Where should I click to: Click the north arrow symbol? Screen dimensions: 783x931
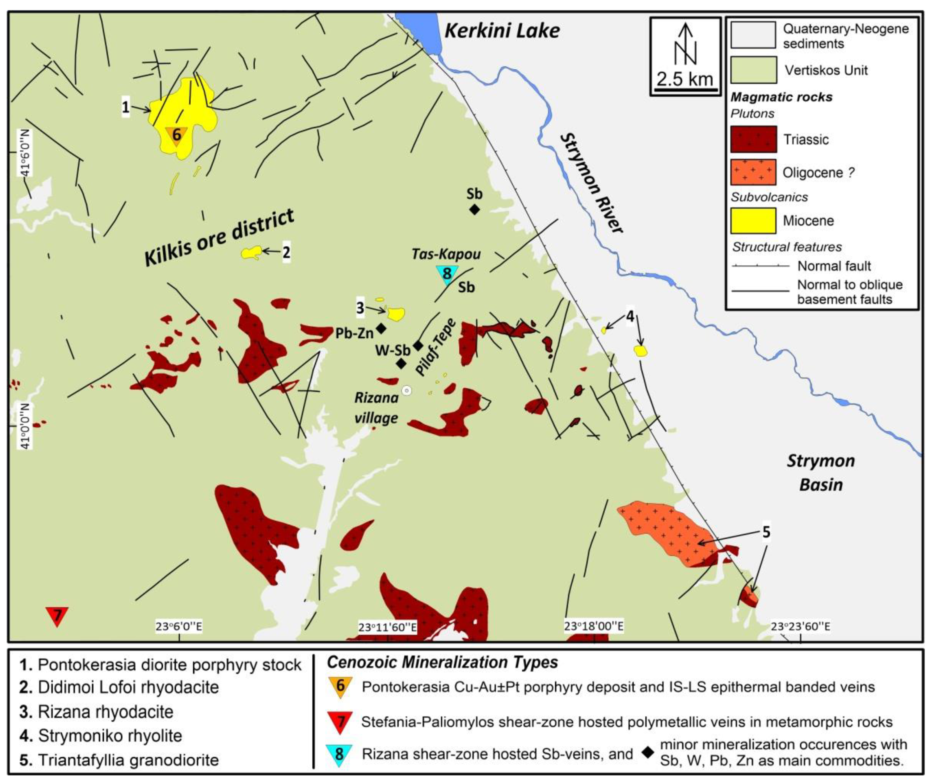[686, 44]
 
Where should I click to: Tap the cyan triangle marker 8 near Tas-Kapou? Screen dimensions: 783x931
[447, 274]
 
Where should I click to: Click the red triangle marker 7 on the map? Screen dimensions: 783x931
[57, 615]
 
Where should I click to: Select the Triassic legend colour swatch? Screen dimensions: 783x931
[753, 139]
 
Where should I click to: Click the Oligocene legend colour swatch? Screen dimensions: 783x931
[753, 172]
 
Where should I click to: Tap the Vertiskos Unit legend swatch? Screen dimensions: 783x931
[753, 70]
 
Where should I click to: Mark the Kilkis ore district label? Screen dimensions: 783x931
[219, 238]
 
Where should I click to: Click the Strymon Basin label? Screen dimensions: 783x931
[821, 473]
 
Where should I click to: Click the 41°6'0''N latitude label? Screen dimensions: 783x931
[25, 153]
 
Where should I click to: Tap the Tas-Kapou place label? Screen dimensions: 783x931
[446, 254]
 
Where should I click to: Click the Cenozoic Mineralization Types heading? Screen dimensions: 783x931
[442, 662]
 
